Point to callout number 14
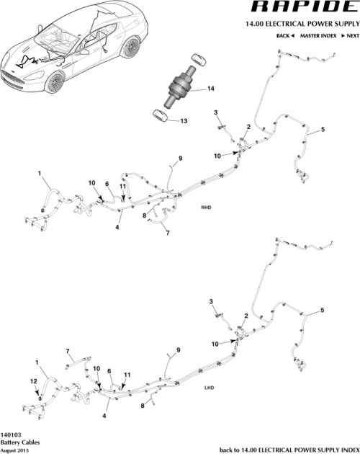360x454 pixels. pos(211,89)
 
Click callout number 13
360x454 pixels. pos(183,121)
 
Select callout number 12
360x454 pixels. pos(32,380)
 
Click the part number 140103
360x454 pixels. pos(12,435)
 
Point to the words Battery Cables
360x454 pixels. pos(20,442)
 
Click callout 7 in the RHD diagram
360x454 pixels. pos(166,233)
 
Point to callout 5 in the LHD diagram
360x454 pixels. pos(322,310)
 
